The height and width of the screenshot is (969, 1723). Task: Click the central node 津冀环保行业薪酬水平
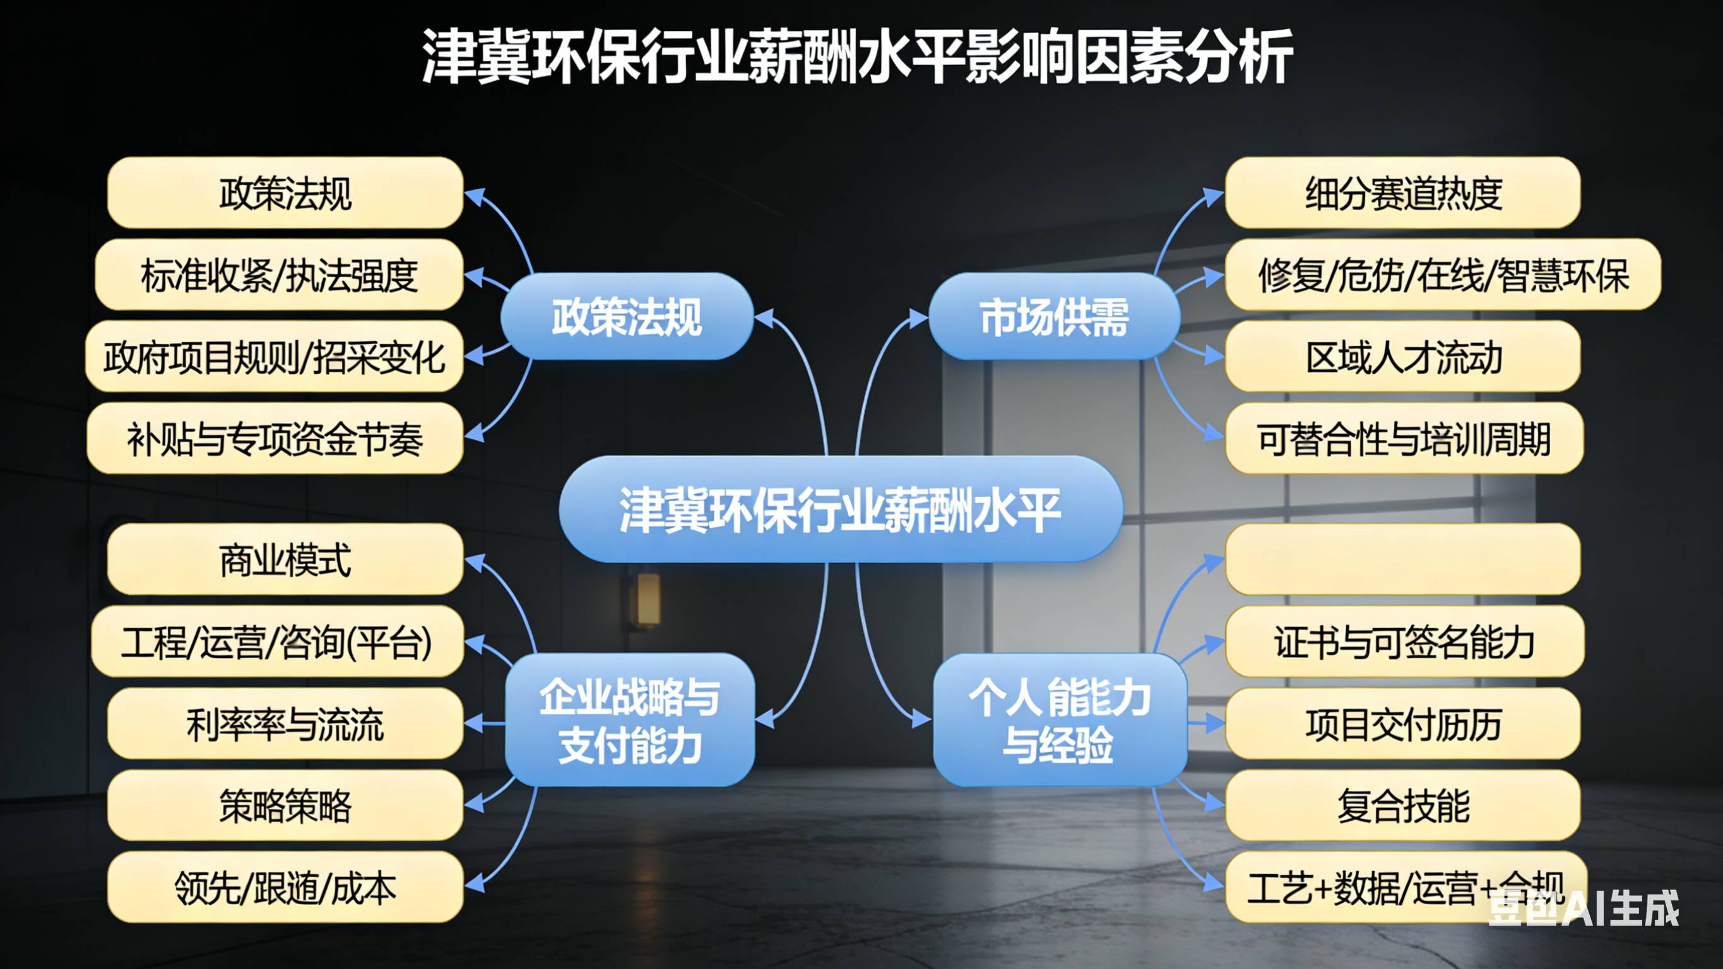tap(840, 509)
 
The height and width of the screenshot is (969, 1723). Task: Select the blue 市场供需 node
tap(1054, 316)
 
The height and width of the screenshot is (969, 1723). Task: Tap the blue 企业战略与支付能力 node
tap(629, 720)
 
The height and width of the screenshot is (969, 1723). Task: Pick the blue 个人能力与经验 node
tap(1060, 720)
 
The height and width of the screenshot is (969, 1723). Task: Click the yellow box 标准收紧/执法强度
tap(279, 275)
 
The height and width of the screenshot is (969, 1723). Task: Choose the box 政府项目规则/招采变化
tap(275, 357)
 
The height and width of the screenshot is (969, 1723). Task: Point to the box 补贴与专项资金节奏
tap(275, 439)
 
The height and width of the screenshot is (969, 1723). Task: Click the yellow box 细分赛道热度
tap(1402, 193)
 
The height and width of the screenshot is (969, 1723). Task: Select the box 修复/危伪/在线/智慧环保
tap(1443, 275)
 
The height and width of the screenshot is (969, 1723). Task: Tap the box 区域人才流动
tap(1402, 357)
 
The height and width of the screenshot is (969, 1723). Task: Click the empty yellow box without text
tap(1402, 559)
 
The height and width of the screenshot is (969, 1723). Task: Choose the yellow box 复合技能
tap(1402, 806)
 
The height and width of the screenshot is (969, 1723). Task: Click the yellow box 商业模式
tap(285, 559)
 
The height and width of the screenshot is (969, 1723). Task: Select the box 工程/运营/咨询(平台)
tap(277, 642)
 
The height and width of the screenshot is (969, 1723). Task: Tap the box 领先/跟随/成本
tap(285, 888)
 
